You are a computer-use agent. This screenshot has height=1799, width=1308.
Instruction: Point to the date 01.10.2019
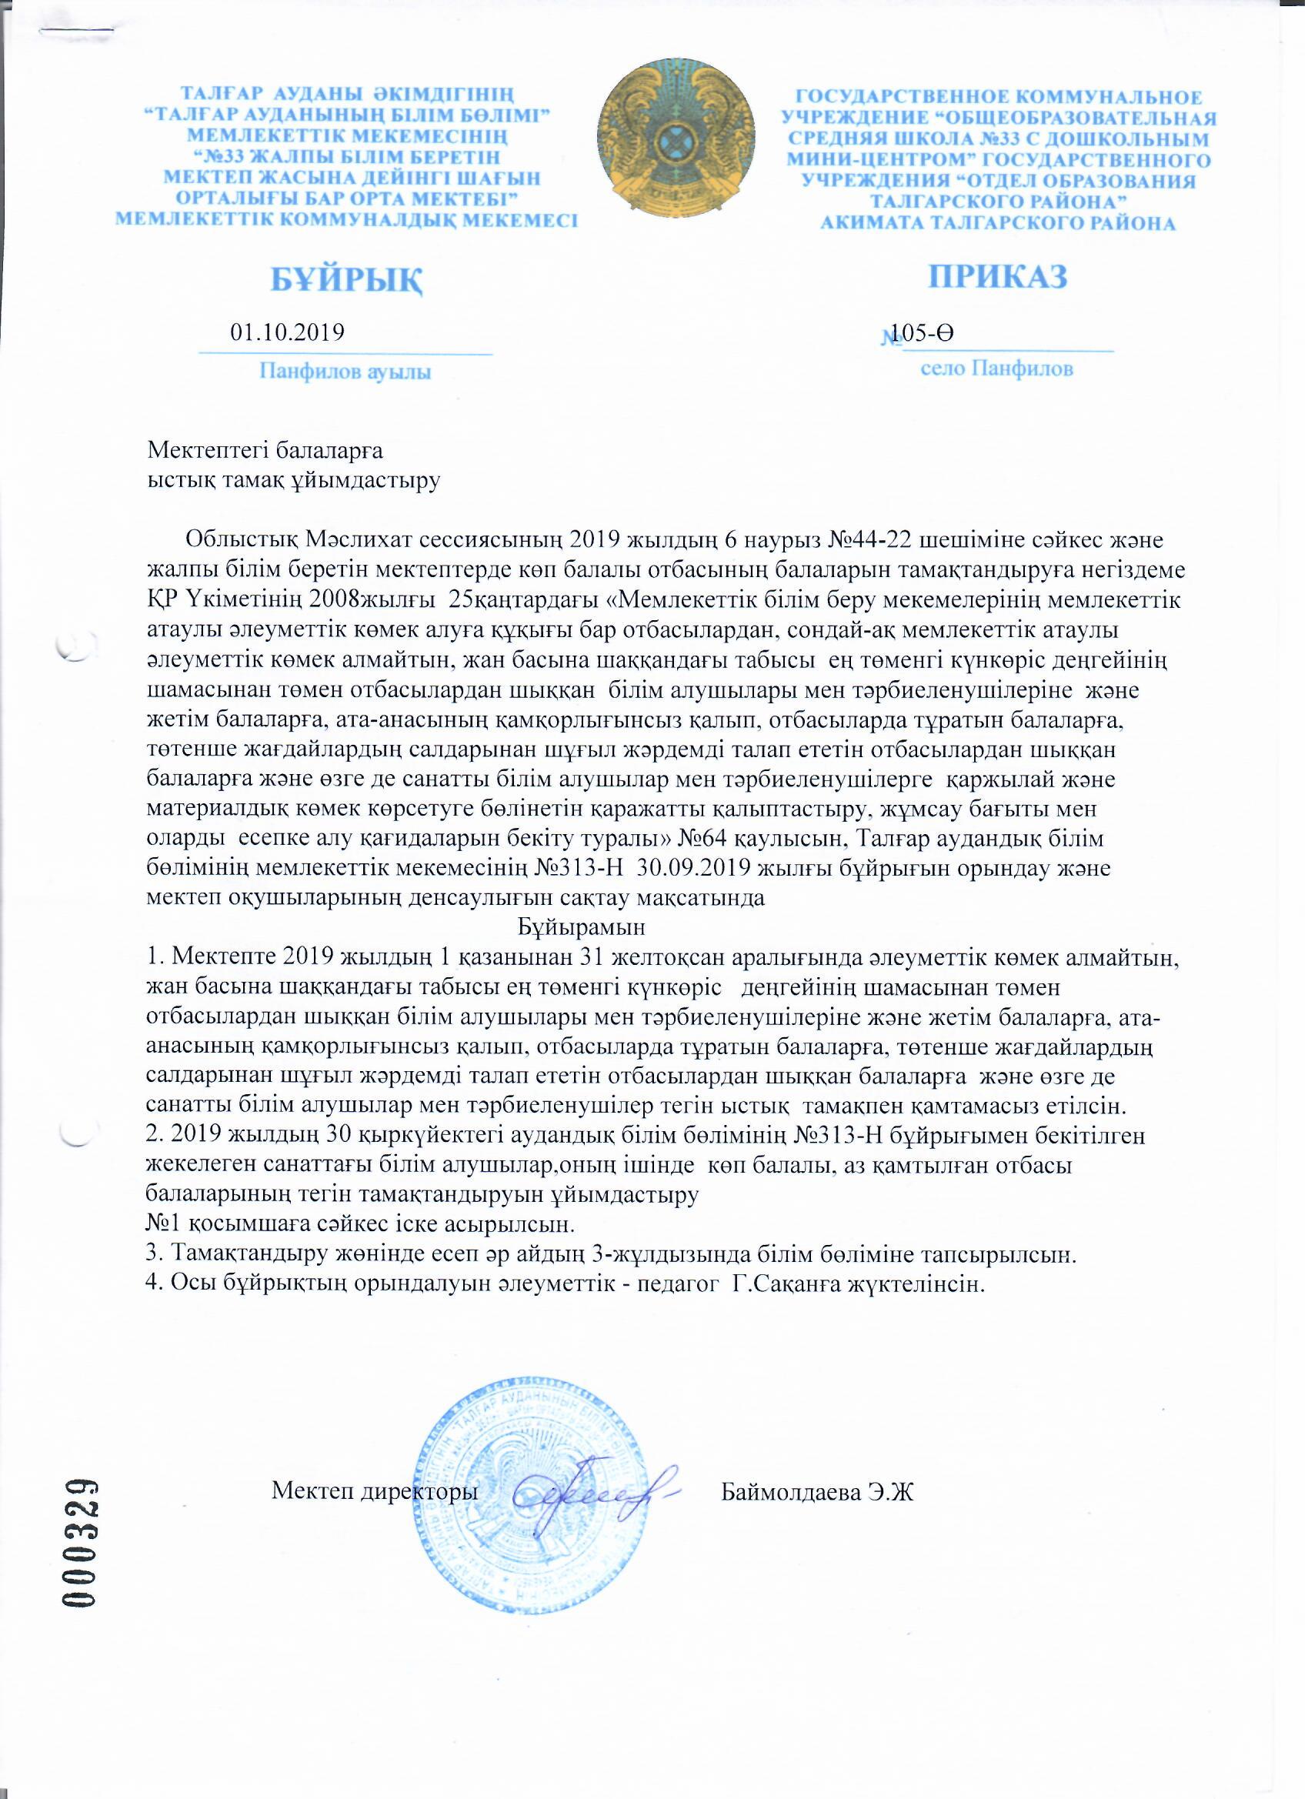(x=287, y=332)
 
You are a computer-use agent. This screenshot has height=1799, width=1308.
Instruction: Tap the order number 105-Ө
(x=923, y=333)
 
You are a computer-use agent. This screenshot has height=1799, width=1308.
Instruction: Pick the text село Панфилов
(x=997, y=369)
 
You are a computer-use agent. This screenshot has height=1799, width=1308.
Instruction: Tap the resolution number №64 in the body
(x=699, y=839)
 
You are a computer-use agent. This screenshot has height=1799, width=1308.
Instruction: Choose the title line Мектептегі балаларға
(x=265, y=452)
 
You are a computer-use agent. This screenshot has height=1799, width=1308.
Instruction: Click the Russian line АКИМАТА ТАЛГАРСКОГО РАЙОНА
(x=998, y=223)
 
